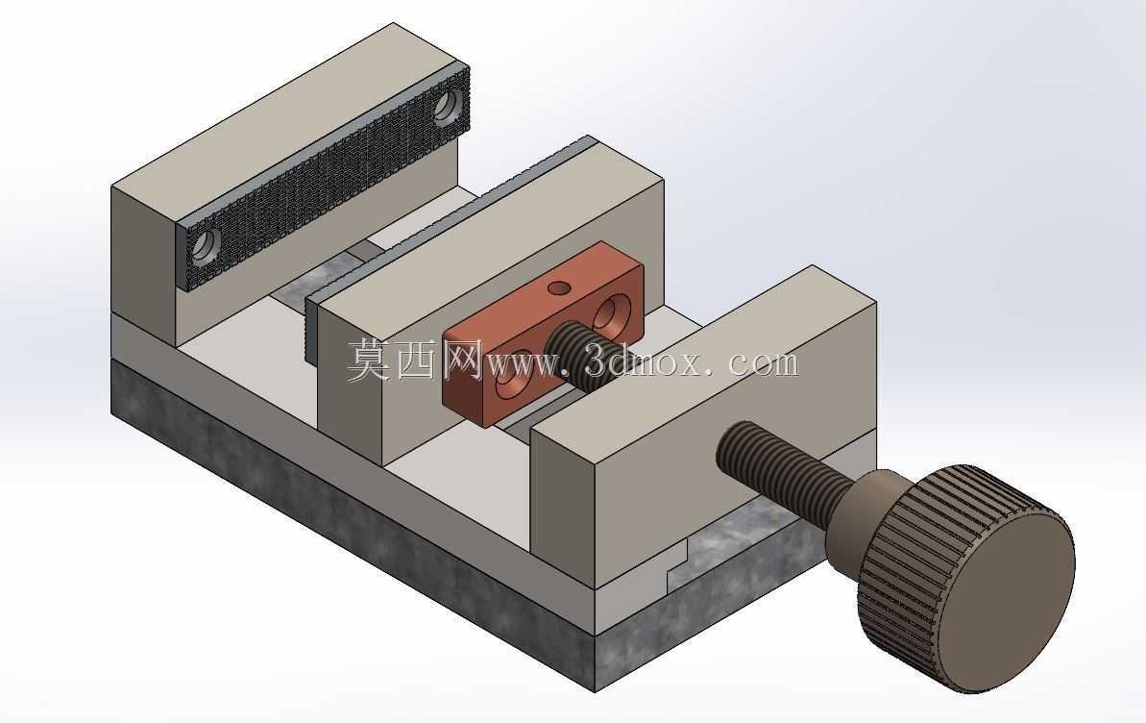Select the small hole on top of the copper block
coord(559,287)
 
